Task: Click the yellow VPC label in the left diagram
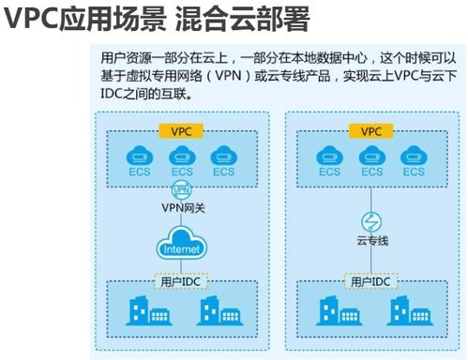(x=181, y=131)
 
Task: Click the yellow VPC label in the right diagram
(x=371, y=131)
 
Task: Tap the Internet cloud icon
(x=181, y=243)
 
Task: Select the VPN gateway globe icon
(x=181, y=189)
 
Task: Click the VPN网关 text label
(x=183, y=208)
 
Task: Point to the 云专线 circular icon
(x=371, y=222)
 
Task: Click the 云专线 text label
(x=372, y=241)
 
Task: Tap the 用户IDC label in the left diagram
(x=181, y=281)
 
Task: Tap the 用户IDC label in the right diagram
(x=370, y=281)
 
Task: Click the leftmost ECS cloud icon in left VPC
(x=140, y=156)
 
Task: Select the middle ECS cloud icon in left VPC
(x=182, y=156)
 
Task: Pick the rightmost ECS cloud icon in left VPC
(x=224, y=156)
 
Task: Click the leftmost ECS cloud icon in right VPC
(x=329, y=156)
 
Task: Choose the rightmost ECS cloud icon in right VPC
(x=414, y=156)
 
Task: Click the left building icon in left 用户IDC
(x=148, y=310)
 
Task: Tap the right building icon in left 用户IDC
(x=219, y=310)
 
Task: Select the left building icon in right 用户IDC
(x=339, y=310)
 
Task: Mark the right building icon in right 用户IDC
(x=410, y=310)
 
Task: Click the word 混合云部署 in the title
(x=242, y=20)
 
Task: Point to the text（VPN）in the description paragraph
(x=229, y=76)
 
